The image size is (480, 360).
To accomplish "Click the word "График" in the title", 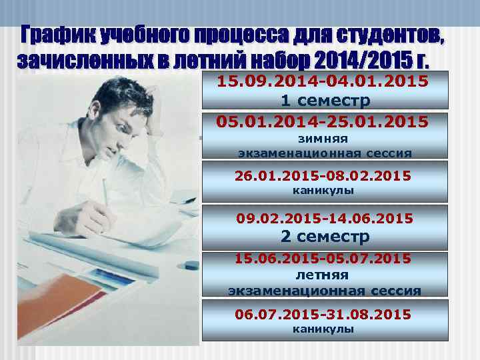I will point(57,34).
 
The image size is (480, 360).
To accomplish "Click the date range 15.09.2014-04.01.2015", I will point(323,81).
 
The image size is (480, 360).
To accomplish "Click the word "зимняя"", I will point(323,139).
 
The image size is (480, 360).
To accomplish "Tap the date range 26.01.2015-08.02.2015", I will point(323,176).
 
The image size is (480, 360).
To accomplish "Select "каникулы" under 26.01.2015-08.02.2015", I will point(323,191).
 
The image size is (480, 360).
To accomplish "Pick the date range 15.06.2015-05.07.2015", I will point(323,258).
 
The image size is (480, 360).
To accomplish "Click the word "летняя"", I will point(323,274).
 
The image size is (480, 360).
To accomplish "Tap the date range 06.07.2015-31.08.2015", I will point(323,313).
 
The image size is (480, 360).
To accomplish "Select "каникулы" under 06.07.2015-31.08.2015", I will point(323,329).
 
